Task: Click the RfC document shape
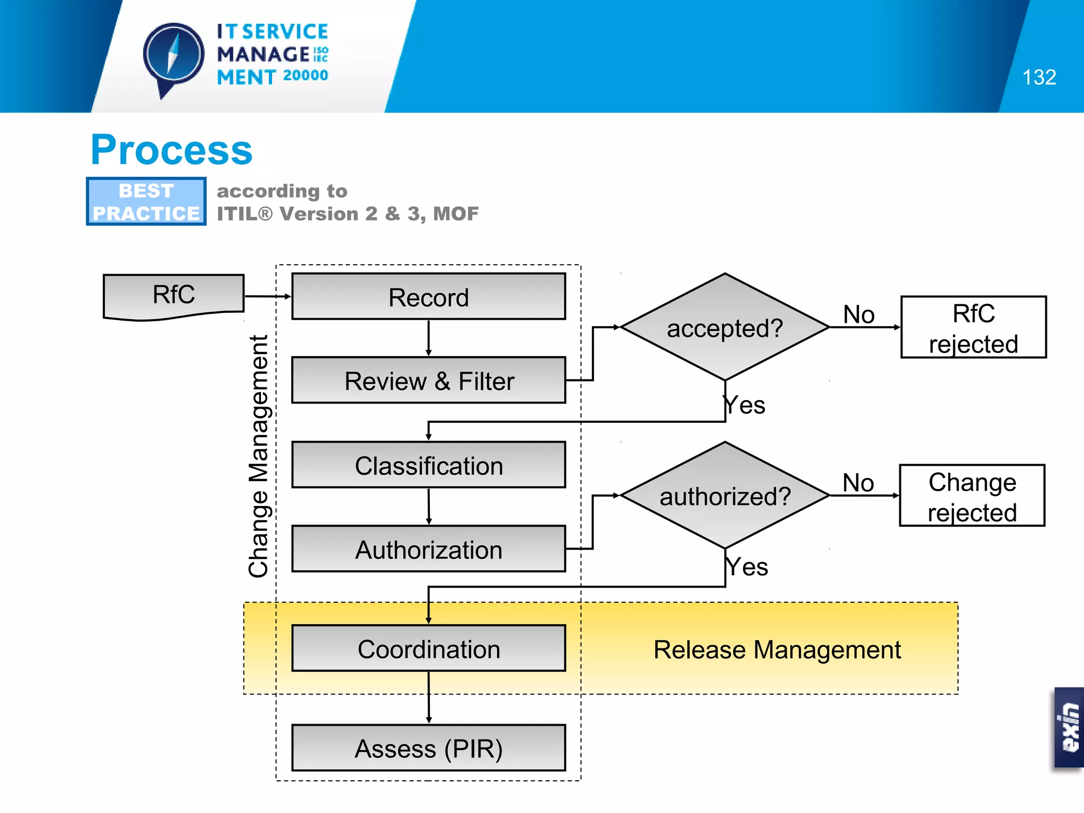point(174,295)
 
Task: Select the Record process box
point(428,297)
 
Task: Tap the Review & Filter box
point(428,381)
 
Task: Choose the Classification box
point(428,465)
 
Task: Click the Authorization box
point(428,549)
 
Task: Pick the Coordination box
point(428,648)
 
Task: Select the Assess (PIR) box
point(428,748)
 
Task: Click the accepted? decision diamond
point(725,328)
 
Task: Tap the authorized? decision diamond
point(725,496)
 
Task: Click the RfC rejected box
point(973,328)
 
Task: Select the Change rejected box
point(972,496)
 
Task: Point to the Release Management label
point(776,649)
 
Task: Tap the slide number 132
point(1038,77)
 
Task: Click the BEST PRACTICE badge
point(146,202)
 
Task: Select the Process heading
point(171,150)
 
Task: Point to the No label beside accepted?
point(859,314)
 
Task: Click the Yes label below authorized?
point(746,567)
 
